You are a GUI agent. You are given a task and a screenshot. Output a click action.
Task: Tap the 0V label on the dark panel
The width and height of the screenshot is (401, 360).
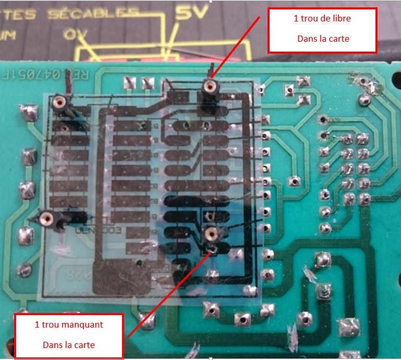75,34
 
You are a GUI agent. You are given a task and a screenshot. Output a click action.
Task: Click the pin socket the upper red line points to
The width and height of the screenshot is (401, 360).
210,86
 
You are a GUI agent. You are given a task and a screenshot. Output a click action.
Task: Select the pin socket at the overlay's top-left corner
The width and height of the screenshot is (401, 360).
59,101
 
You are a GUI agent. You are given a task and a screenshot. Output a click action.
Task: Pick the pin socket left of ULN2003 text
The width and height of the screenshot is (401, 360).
47,218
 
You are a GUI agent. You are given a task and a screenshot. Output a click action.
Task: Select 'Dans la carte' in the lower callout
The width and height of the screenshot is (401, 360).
68,345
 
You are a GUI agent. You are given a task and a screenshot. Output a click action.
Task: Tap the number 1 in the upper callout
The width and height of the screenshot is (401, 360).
296,19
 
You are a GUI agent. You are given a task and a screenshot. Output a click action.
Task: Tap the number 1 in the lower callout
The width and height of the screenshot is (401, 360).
37,325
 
